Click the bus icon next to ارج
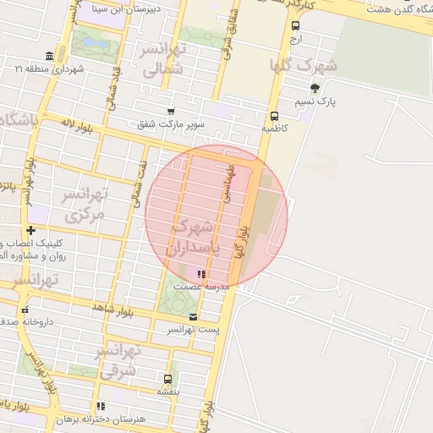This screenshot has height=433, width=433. point(294,26)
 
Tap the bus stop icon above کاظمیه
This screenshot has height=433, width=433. point(274,117)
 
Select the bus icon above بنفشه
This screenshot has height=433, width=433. point(167,379)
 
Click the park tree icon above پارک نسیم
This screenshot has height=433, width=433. point(315,88)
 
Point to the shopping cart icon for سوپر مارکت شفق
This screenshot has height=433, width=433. point(172,112)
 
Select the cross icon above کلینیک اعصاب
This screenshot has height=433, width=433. point(30,230)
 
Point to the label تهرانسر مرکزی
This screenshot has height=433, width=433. point(85,206)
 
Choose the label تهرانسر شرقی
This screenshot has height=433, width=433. point(118,359)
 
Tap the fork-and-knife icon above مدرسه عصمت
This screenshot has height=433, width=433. point(200,274)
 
